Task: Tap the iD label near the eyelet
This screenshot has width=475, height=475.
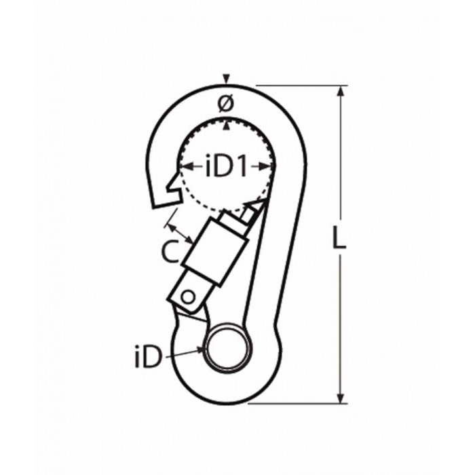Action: [x=149, y=357]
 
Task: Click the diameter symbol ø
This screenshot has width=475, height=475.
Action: [x=226, y=103]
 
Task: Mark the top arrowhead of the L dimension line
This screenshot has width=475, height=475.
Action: [x=340, y=90]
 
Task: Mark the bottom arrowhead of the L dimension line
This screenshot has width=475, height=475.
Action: [x=340, y=398]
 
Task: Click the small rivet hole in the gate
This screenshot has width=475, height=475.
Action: [x=188, y=296]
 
